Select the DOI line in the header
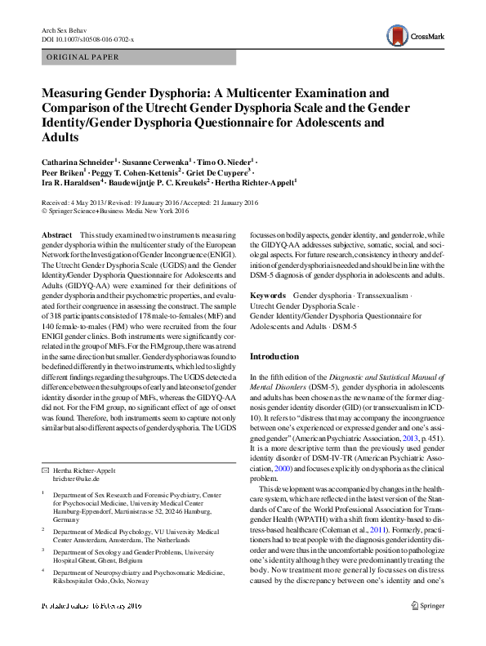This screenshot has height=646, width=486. click(87, 38)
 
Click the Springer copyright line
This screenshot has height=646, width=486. click(114, 209)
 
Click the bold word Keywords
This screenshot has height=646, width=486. click(267, 294)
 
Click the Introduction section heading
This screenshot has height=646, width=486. click(273, 356)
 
